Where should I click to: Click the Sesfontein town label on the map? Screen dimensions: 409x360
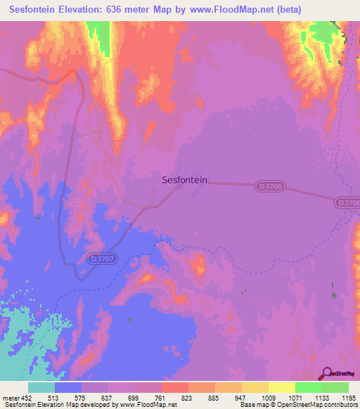[x=184, y=180]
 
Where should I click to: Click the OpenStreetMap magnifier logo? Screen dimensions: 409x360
[x=326, y=373]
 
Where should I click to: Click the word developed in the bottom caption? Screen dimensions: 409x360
[x=95, y=405]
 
